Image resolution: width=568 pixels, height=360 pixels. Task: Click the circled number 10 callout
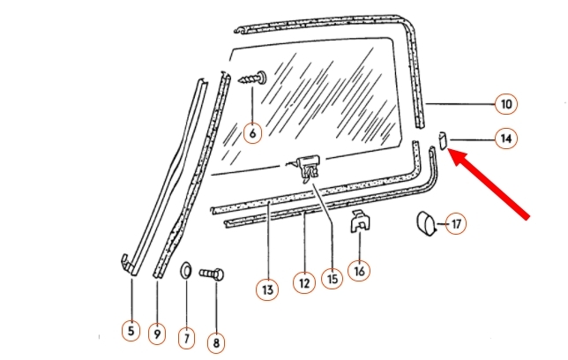[x=505, y=104]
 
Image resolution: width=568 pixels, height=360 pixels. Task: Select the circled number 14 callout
[x=505, y=139]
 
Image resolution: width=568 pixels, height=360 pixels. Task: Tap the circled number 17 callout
[x=456, y=224]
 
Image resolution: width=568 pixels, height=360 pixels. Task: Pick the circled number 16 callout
[x=359, y=271]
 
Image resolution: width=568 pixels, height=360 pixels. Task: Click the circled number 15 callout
[x=332, y=279]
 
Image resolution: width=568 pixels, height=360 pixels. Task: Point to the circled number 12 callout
[x=304, y=282]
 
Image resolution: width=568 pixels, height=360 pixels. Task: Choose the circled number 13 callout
[x=267, y=289]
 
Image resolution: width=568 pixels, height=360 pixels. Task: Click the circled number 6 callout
[x=252, y=133]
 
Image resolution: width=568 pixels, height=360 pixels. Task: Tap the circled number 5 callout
[x=131, y=330]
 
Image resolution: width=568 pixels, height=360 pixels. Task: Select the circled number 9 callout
[x=157, y=334]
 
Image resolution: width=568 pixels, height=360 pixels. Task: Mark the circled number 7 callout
[x=187, y=338]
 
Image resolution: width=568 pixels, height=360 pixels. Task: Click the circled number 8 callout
[x=216, y=342]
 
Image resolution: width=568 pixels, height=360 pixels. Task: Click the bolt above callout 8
[x=212, y=274]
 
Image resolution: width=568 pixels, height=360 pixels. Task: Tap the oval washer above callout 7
[x=186, y=270]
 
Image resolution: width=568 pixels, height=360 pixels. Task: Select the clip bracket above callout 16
[x=360, y=221]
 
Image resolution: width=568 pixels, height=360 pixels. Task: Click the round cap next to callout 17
[x=427, y=224]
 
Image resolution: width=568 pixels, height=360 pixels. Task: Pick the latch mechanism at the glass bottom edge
[x=308, y=168]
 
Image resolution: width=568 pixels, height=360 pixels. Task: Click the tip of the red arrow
[x=449, y=148]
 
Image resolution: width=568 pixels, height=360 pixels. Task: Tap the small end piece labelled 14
[x=443, y=140]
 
